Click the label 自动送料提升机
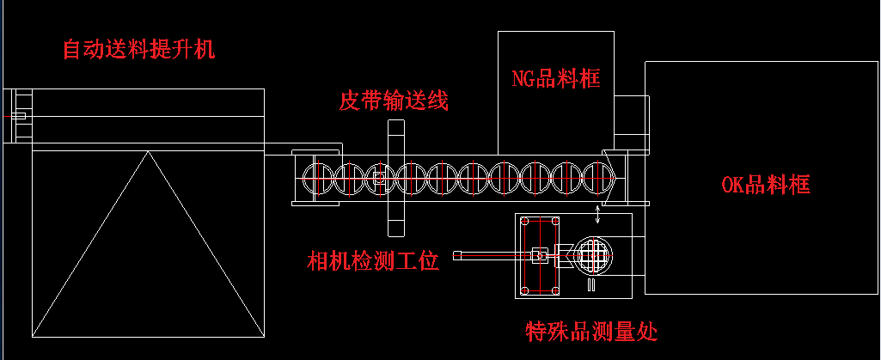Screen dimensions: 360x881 [x=138, y=49]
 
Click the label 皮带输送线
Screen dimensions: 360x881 [x=394, y=101]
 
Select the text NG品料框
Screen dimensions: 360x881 [x=555, y=80]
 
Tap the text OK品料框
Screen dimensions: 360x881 [x=765, y=184]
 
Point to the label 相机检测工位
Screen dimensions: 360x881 [x=374, y=260]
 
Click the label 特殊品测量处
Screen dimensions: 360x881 [x=592, y=330]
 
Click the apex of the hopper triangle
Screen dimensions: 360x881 [x=148, y=152]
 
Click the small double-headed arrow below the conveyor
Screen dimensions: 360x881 [x=599, y=212]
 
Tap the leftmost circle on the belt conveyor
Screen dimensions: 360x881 [x=317, y=178]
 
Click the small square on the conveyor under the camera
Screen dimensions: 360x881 [x=378, y=178]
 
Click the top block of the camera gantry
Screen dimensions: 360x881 [x=395, y=137]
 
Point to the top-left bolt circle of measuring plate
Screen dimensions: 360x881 [x=524, y=221]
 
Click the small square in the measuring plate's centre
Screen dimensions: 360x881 [x=539, y=254]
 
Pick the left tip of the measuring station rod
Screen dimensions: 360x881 [x=458, y=254]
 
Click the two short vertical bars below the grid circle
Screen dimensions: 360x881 [x=591, y=284]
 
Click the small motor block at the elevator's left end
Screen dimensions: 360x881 [x=19, y=116]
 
